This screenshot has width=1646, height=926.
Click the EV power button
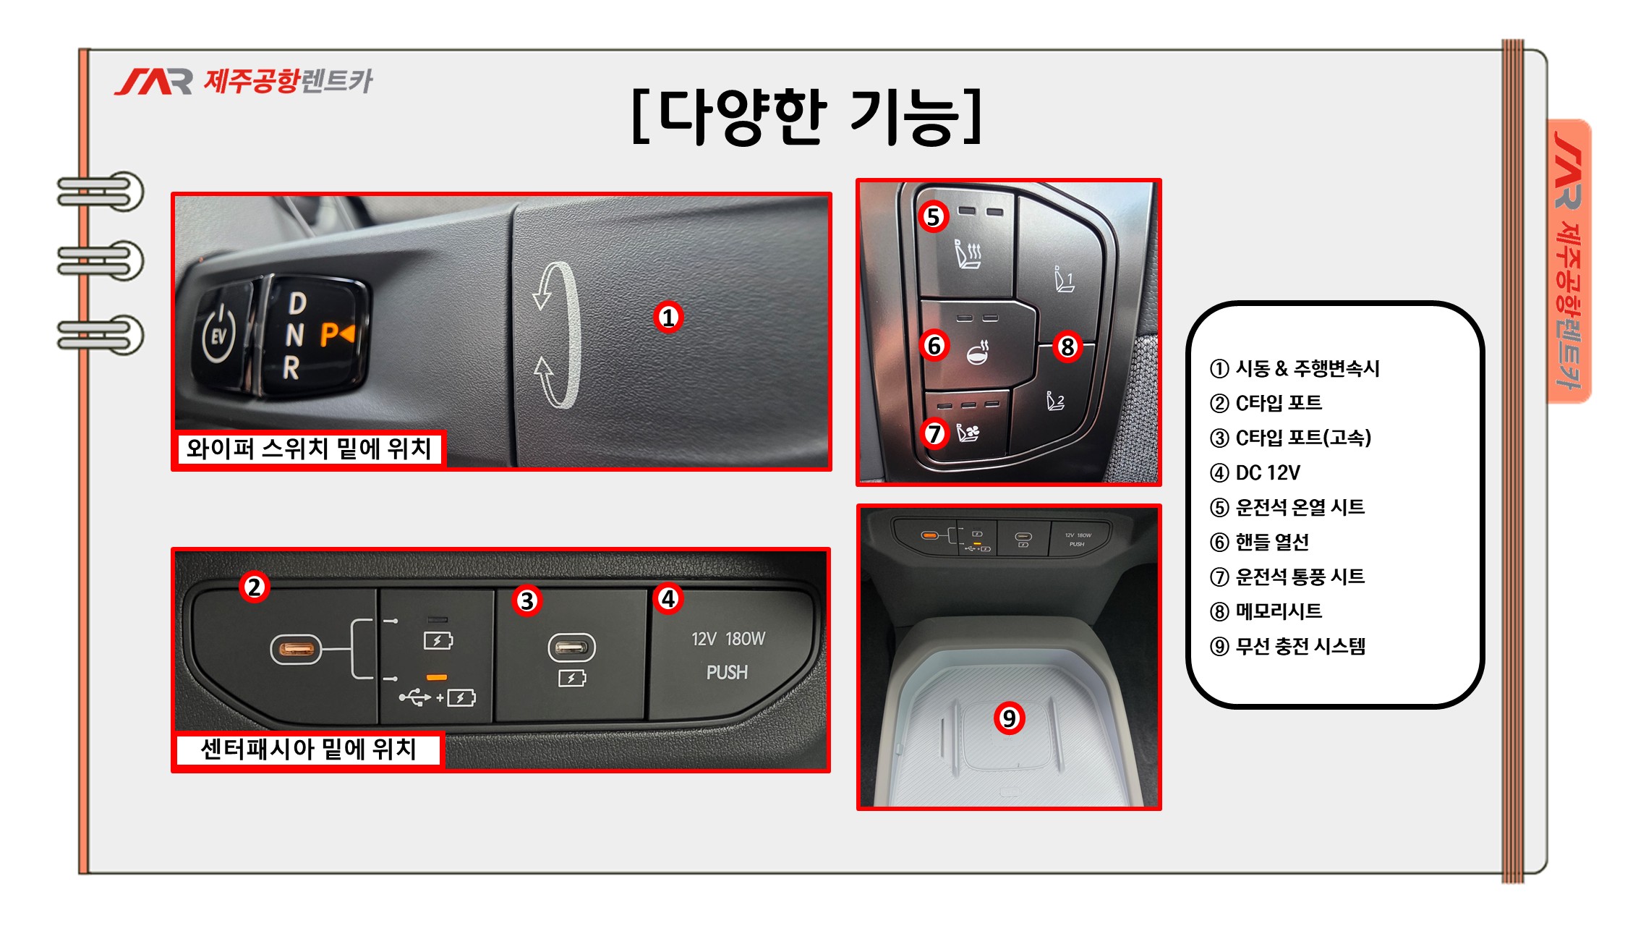(219, 334)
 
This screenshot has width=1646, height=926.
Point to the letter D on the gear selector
(297, 303)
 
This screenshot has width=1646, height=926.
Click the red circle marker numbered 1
(668, 317)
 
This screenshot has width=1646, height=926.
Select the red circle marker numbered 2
(254, 587)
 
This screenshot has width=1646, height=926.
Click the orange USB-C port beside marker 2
(295, 649)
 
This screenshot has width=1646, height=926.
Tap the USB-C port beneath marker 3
(571, 647)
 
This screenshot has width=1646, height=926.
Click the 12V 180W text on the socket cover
(728, 639)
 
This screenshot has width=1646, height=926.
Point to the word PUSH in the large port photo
(727, 672)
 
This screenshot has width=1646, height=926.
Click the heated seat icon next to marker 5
(968, 254)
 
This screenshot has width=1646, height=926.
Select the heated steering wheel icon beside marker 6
(978, 352)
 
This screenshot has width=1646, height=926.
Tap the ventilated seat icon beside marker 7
(968, 433)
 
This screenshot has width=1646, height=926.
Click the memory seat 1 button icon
(1064, 279)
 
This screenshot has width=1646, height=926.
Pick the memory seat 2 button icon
(1056, 400)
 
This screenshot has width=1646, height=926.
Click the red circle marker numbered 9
(1009, 718)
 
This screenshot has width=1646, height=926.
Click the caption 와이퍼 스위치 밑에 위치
(309, 449)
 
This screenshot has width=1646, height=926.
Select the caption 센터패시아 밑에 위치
(308, 749)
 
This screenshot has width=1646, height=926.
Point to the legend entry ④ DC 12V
(1255, 472)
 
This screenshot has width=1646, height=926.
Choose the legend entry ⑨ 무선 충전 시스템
(1287, 646)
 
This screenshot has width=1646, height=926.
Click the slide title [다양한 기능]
(806, 116)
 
